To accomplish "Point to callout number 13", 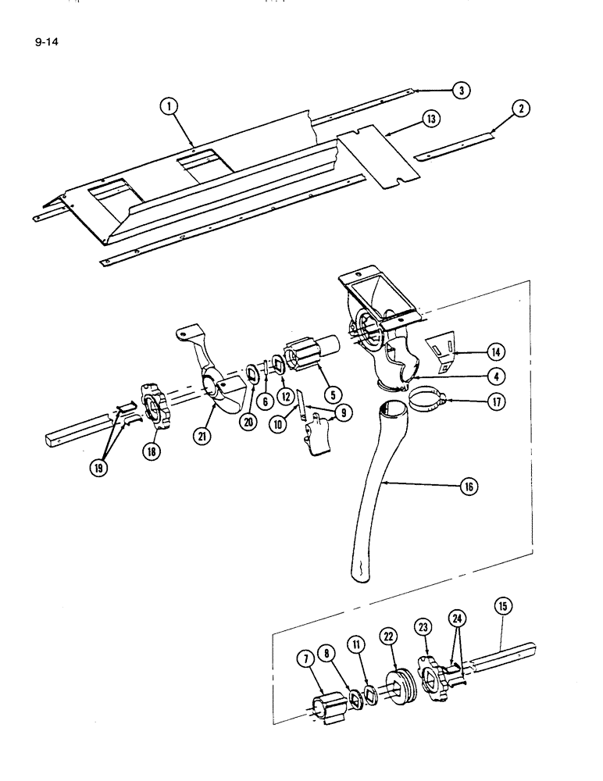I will tap(429, 119).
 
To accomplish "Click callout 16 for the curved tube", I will tap(470, 486).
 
